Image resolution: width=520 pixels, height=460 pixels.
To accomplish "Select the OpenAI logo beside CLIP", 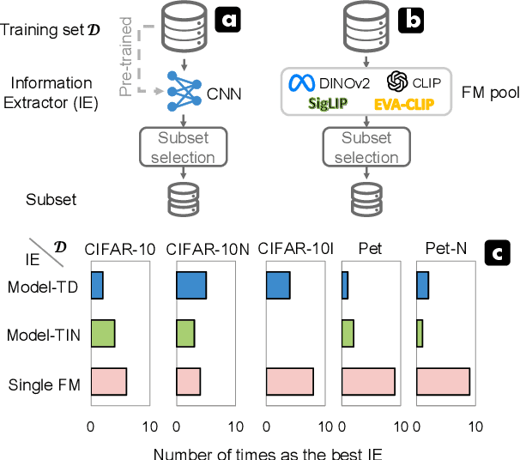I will (396, 81).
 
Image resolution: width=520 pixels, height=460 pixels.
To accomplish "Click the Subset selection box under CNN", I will (182, 148).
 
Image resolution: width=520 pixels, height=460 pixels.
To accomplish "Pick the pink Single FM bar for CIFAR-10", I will (108, 380).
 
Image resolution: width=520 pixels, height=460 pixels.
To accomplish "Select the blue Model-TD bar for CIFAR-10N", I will (190, 286).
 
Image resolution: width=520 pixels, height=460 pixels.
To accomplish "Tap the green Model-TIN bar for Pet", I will (348, 333).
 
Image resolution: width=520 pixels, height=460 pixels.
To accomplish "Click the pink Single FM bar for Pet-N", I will (443, 380).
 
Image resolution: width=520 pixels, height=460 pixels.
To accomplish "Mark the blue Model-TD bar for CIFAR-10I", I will (278, 286).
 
